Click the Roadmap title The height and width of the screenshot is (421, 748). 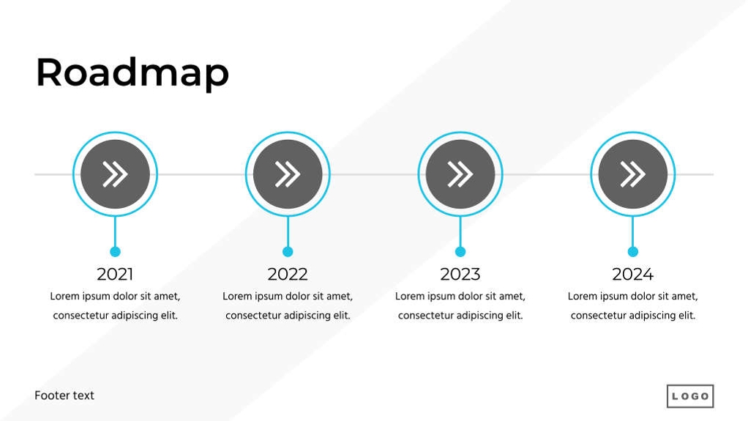(x=132, y=72)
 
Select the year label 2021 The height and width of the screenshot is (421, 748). (x=115, y=275)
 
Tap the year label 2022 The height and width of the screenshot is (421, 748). (x=288, y=275)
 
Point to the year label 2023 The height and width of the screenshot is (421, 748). (x=460, y=275)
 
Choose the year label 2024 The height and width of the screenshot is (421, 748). (x=632, y=275)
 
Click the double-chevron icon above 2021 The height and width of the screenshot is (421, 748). (x=115, y=174)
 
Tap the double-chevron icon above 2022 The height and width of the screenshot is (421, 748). (x=288, y=174)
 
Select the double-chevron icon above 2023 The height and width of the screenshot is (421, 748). (x=460, y=174)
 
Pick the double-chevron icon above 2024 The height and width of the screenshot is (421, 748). (x=632, y=174)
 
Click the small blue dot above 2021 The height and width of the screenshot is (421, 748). (x=115, y=252)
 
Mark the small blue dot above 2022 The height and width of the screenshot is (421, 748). (x=288, y=252)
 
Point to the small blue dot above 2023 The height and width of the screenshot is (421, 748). (x=460, y=252)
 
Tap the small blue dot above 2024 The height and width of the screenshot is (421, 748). (x=633, y=252)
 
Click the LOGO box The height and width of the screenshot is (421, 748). (x=689, y=396)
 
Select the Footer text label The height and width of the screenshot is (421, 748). (x=64, y=395)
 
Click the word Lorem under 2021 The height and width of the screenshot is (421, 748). (x=64, y=297)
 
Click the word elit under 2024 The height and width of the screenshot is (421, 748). (x=684, y=316)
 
